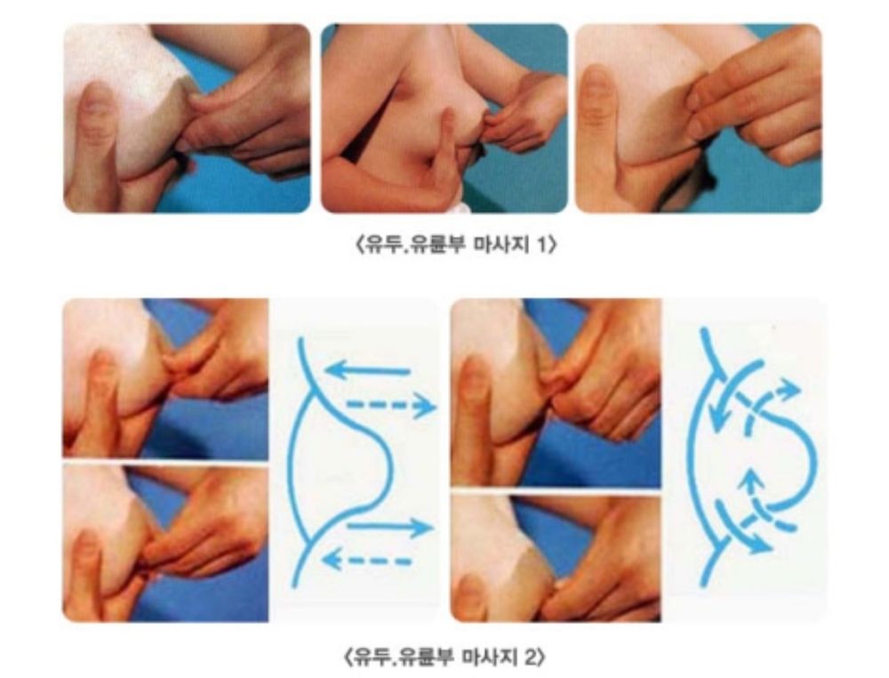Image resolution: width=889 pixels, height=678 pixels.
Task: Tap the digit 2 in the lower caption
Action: click(x=530, y=658)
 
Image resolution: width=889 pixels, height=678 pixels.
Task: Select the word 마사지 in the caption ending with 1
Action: click(x=498, y=246)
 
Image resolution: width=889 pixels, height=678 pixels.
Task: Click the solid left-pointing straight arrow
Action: click(x=367, y=372)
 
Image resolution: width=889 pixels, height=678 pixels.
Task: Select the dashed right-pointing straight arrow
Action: click(x=391, y=405)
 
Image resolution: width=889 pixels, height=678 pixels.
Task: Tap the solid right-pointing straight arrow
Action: click(x=390, y=528)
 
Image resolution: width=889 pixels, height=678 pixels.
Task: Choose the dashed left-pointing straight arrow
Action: click(x=366, y=561)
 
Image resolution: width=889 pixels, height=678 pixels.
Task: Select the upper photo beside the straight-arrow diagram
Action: click(x=165, y=378)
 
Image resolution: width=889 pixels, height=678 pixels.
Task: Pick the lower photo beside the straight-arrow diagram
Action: click(x=165, y=544)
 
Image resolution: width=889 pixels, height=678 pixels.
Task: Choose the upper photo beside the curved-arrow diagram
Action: click(x=556, y=392)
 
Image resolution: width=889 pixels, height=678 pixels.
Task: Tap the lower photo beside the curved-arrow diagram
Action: click(x=556, y=559)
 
